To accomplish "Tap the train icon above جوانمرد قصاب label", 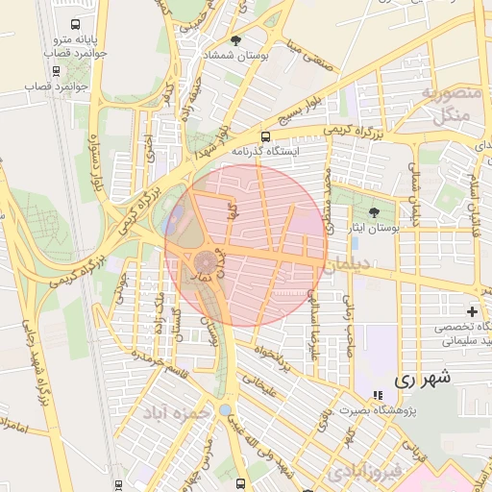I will coord(53,69).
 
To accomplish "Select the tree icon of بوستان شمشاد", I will coord(235,40).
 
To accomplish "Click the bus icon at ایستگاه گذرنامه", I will coord(265,136).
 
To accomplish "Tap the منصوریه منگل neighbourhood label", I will coord(444,106).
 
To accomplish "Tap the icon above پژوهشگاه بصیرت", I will coord(377,395).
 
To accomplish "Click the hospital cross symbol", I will coord(472,311).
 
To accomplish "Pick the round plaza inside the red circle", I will coord(206,262).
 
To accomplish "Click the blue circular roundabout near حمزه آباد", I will coord(225,410).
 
